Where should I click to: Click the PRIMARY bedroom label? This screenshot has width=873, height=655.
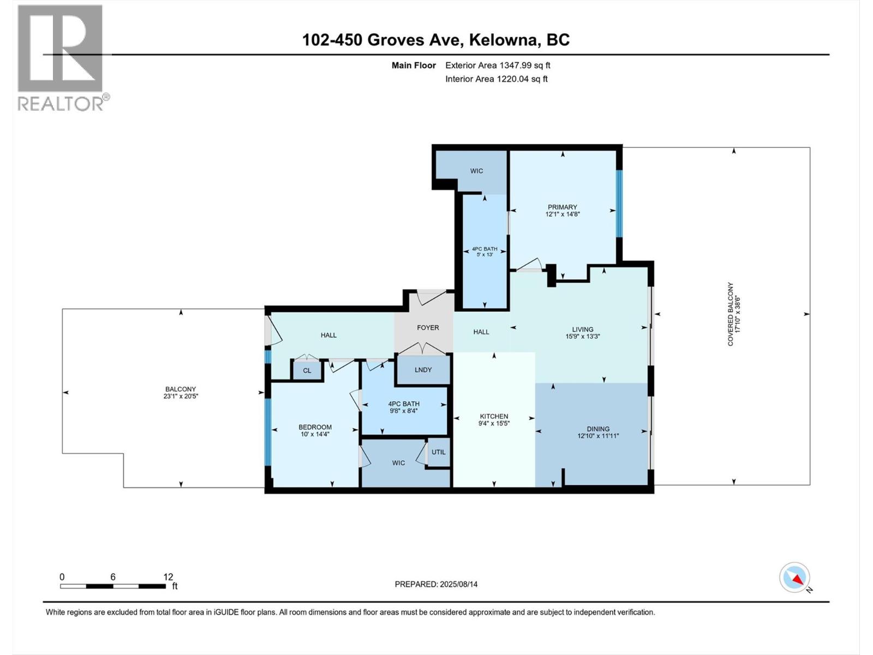coord(562,207)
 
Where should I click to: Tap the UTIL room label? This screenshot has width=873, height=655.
coord(439,452)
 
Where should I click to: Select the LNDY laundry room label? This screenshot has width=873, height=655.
coord(423,370)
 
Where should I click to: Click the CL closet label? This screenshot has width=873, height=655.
coord(307,371)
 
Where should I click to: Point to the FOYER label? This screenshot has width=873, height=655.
coord(428,327)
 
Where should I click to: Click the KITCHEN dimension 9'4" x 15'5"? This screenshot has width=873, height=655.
coord(494,423)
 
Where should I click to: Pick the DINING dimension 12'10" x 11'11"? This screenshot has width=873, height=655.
coord(598,436)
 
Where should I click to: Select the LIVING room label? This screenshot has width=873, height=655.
coord(582,329)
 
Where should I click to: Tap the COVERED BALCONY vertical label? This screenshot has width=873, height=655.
coord(730,314)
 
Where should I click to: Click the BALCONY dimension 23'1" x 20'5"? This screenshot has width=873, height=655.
coord(181,396)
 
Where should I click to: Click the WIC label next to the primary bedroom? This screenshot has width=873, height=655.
coord(476,171)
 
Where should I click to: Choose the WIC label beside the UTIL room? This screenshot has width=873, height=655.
coord(398,463)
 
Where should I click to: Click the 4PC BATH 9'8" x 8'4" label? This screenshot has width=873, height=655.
coord(404,407)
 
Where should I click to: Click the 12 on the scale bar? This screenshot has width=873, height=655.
coord(168,577)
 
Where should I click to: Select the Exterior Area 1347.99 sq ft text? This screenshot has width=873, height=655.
coord(498,65)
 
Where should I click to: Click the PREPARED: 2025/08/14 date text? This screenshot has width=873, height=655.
coord(436,584)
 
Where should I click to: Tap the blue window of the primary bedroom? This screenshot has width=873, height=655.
coord(619,204)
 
